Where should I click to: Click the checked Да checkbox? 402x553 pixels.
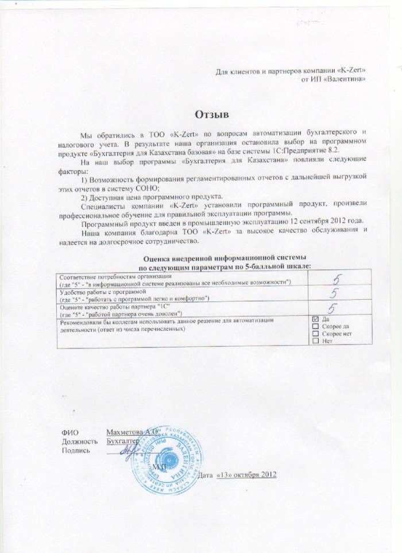click(x=315, y=318)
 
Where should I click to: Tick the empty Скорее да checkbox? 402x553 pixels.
click(x=315, y=326)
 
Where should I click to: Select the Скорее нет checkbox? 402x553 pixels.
click(x=315, y=334)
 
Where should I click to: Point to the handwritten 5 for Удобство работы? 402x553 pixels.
click(x=332, y=295)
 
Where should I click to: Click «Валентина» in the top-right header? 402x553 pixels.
click(x=344, y=79)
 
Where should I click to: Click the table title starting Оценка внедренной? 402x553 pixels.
click(x=225, y=258)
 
